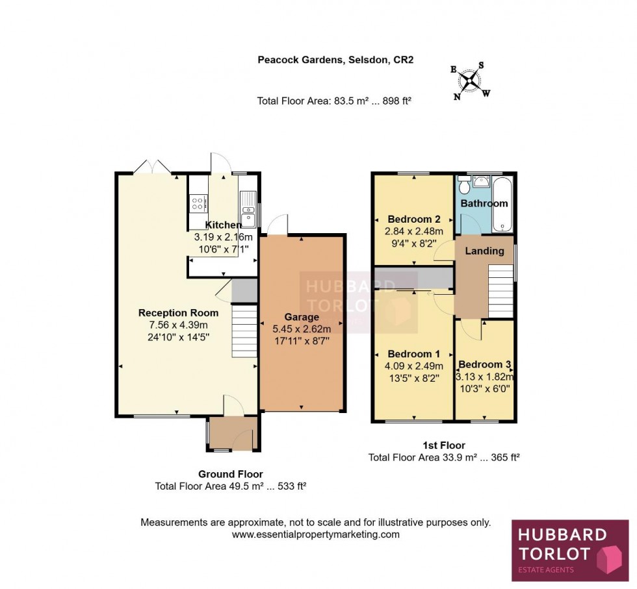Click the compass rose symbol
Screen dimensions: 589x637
(x=470, y=81)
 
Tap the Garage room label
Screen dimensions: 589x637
(x=302, y=318)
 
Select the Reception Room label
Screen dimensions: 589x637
(x=178, y=313)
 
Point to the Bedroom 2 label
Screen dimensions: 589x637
(x=414, y=219)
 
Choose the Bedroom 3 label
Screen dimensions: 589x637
(x=484, y=364)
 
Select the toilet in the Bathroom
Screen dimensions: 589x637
(x=463, y=186)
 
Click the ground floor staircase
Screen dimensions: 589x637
(x=245, y=331)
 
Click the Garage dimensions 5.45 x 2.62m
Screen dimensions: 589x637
(x=302, y=329)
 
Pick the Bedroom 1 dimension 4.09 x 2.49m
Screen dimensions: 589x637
(x=414, y=366)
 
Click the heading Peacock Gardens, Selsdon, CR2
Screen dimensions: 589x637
(x=335, y=60)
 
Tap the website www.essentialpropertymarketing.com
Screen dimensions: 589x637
(x=316, y=534)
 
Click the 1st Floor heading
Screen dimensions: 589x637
(x=443, y=445)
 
